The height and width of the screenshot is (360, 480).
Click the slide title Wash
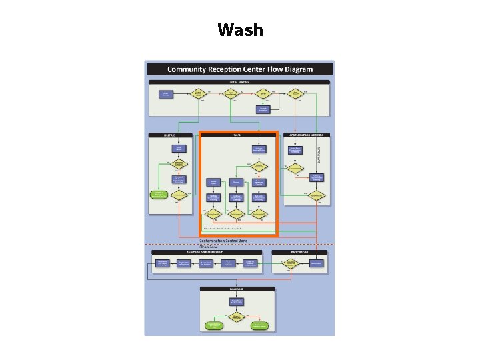click(x=240, y=30)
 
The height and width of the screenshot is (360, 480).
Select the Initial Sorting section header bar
click(x=239, y=82)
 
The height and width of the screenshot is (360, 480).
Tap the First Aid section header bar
click(x=170, y=135)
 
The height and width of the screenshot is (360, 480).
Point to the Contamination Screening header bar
click(x=306, y=135)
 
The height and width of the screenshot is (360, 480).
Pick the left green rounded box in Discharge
click(x=214, y=326)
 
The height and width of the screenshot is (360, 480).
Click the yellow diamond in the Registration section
click(x=291, y=264)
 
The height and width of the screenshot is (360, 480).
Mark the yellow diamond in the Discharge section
click(x=237, y=315)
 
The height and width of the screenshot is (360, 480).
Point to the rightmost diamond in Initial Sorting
click(x=295, y=93)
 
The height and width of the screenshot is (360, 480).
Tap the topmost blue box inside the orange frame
click(x=259, y=149)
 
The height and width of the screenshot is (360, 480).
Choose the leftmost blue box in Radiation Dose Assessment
click(x=160, y=263)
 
